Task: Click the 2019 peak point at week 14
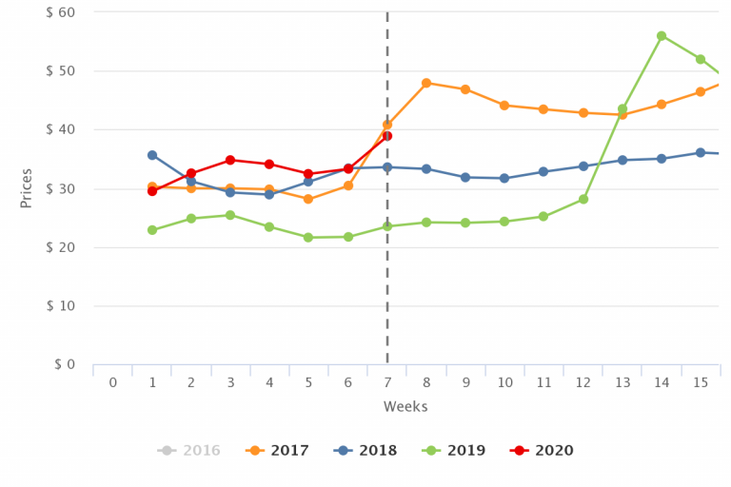(662, 36)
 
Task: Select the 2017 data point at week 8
(426, 83)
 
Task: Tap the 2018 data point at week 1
(152, 155)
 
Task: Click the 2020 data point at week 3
(230, 160)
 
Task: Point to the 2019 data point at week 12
(583, 199)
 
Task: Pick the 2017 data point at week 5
(308, 199)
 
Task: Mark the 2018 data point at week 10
(504, 178)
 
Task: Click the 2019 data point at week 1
(152, 230)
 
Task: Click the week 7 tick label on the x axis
(387, 382)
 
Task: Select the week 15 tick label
(701, 382)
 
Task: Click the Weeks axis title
(405, 407)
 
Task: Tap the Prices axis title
(27, 187)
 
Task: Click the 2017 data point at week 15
(701, 91)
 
